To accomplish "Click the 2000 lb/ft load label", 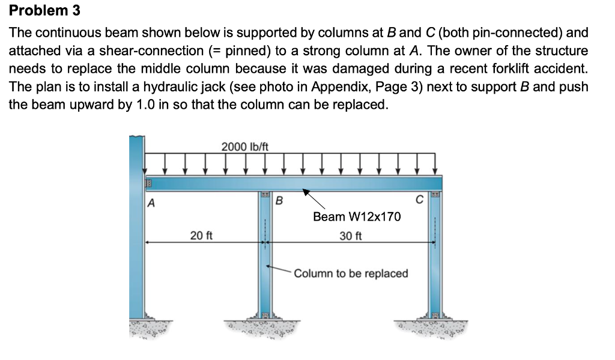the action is coord(245,146).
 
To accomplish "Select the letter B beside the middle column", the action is coord(279,201).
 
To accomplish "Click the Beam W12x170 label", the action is coord(356,216).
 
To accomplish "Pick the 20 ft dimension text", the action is coord(201,235).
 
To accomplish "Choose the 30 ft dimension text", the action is coord(350,235).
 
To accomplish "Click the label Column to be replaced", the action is coord(351,273).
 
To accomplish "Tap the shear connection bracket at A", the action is coord(144,183).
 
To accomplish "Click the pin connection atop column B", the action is coord(265,195).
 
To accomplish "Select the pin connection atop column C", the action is coord(435,195).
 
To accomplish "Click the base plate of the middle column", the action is coord(265,315).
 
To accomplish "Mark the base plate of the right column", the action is coord(435,315).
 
